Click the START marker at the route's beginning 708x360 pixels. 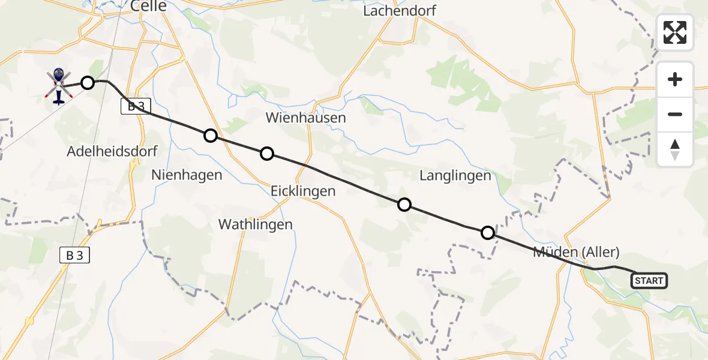click(x=649, y=280)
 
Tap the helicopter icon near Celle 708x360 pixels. click(x=58, y=85)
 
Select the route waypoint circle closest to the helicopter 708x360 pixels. click(x=88, y=83)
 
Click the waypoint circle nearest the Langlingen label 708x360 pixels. click(x=404, y=205)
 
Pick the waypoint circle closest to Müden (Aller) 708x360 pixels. click(x=488, y=232)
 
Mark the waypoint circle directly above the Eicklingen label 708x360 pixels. click(x=267, y=154)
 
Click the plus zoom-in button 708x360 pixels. click(x=675, y=80)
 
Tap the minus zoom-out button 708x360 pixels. click(x=675, y=114)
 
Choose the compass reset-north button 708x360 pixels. click(x=675, y=149)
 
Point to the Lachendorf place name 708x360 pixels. click(x=400, y=11)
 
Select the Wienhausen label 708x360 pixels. click(x=307, y=117)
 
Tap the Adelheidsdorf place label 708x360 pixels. click(x=113, y=151)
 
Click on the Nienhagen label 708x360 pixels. click(x=187, y=175)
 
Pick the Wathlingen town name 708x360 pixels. click(x=256, y=224)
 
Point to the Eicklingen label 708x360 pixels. click(x=303, y=191)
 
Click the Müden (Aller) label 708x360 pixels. click(x=576, y=252)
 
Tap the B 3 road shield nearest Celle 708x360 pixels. click(x=136, y=107)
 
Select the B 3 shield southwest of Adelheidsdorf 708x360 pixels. click(x=75, y=255)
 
